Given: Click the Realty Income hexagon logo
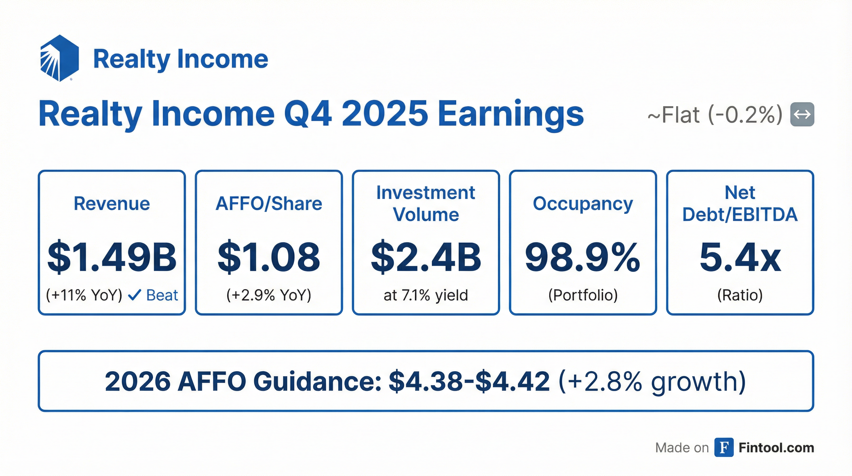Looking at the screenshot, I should (59, 58).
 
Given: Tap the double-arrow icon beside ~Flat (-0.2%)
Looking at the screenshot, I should (802, 115).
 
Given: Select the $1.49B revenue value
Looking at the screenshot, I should (112, 257).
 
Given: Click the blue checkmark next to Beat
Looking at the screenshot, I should (135, 295).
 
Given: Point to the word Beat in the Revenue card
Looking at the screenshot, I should (162, 295).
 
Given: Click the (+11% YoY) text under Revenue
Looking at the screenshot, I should (84, 295).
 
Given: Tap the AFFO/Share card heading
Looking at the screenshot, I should (268, 204).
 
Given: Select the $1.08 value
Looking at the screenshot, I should (268, 257).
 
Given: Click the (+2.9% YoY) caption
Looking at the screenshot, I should (268, 295).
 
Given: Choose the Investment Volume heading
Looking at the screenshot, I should (426, 204).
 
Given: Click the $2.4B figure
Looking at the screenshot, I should (426, 257).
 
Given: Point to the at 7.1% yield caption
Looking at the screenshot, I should (426, 295).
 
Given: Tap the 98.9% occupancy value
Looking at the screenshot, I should (582, 257).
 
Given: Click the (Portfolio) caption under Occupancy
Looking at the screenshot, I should (583, 295).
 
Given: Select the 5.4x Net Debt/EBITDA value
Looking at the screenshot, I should (740, 257).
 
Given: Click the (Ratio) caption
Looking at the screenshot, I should (740, 295).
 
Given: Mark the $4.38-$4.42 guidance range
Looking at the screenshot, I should (469, 381).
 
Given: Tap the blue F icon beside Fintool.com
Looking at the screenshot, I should (724, 447).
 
